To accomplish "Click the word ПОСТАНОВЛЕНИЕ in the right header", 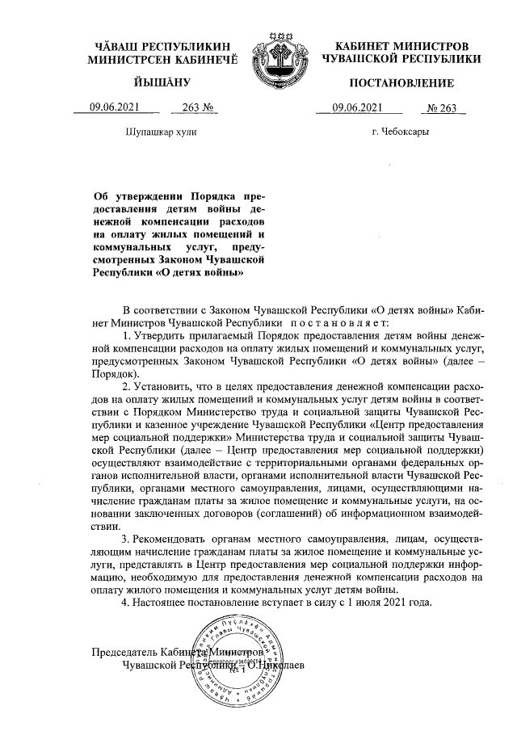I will (x=401, y=83).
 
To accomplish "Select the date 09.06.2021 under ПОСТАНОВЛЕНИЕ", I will (x=355, y=110).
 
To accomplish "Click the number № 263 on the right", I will (x=441, y=110).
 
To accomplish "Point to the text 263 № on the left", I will (x=198, y=110).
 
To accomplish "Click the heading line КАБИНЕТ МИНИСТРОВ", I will (x=401, y=47).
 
